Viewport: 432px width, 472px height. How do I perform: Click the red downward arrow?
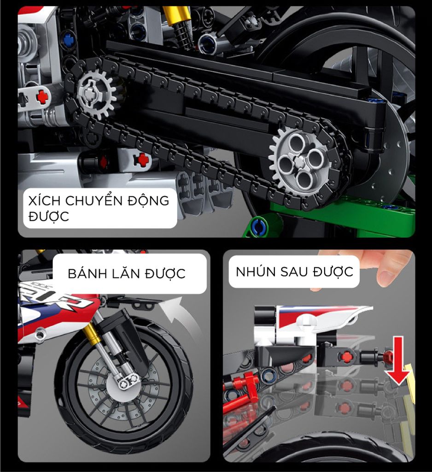pos(398,361)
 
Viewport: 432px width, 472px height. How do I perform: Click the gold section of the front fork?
pos(90,334)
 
